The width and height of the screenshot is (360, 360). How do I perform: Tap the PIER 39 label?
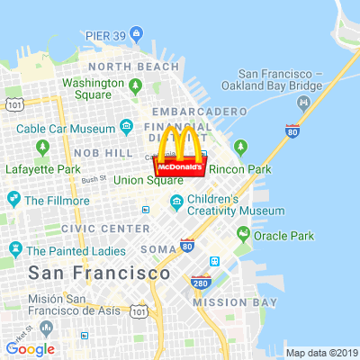coord(104,35)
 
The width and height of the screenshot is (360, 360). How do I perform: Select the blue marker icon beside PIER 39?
coord(136,34)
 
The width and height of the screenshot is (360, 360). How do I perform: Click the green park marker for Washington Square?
coord(135,86)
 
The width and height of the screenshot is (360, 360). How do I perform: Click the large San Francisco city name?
coord(99,272)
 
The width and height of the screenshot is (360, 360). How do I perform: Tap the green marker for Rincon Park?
coord(240,148)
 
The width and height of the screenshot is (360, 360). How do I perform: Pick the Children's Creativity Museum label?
coord(236,205)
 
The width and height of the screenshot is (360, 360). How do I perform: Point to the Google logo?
coord(30,349)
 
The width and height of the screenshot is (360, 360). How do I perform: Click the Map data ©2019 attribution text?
coord(321,353)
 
